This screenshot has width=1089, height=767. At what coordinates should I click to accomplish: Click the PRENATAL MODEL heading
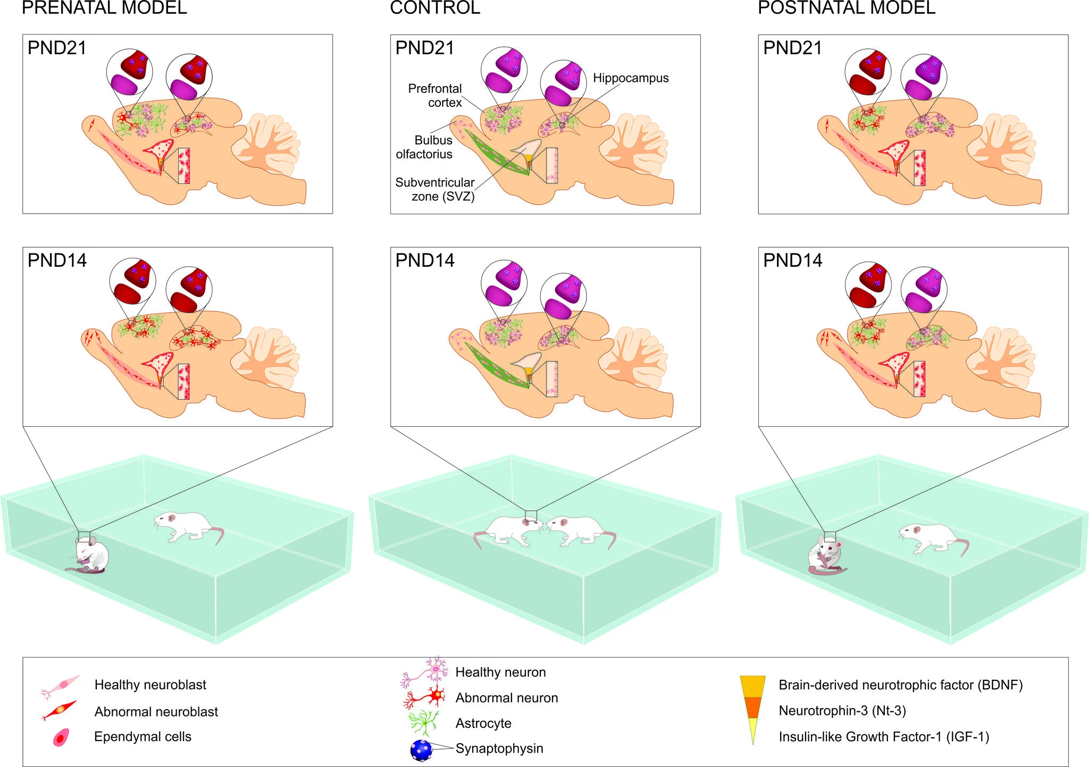click(x=104, y=8)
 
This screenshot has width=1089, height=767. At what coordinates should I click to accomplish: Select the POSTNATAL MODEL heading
click(x=846, y=8)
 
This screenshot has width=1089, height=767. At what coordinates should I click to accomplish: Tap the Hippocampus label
click(x=631, y=78)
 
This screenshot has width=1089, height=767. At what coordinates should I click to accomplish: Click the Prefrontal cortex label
click(x=435, y=96)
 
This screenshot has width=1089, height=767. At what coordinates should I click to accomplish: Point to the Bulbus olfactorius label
click(x=424, y=147)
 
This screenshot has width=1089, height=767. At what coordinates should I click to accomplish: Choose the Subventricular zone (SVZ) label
click(x=435, y=189)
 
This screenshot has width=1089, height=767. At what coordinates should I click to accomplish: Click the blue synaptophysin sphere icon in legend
click(x=421, y=750)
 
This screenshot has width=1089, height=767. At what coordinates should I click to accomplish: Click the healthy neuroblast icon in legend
click(x=60, y=686)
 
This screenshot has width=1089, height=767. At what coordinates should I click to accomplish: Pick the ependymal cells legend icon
click(x=61, y=738)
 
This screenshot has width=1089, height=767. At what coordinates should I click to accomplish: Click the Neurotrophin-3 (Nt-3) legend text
click(x=842, y=711)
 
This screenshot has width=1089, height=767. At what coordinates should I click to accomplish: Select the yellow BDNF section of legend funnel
click(x=752, y=686)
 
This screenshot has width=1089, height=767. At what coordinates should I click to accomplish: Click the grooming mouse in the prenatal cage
click(x=90, y=556)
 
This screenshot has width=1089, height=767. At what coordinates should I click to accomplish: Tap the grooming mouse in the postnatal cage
click(x=826, y=557)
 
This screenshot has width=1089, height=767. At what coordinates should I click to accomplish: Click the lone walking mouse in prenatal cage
click(x=189, y=527)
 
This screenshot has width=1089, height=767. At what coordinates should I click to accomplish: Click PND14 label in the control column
click(x=425, y=260)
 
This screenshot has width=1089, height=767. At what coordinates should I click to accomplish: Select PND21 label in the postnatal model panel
click(x=792, y=48)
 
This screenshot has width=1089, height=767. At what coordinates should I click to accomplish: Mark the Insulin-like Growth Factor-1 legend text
click(x=884, y=737)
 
